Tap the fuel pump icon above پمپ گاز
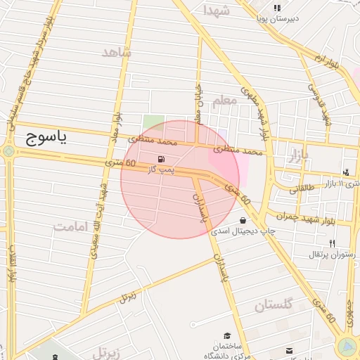[x=163, y=159]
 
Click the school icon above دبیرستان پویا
[x=276, y=8]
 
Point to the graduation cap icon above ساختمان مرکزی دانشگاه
[x=227, y=337]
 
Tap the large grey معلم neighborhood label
[x=224, y=101]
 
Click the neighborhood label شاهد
[x=116, y=53]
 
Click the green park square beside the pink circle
[x=152, y=122]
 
